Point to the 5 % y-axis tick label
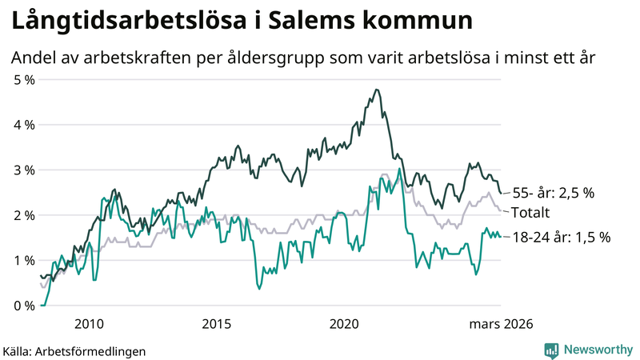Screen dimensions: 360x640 (23, 80)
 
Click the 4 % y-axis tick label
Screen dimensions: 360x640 (23, 125)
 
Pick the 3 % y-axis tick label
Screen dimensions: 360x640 (23, 170)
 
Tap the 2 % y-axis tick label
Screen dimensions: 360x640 (23, 215)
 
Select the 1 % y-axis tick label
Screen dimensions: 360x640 (23, 261)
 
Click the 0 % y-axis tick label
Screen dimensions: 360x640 (23, 306)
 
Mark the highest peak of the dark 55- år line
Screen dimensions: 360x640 (376, 90)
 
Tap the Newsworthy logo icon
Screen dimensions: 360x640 (551, 350)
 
